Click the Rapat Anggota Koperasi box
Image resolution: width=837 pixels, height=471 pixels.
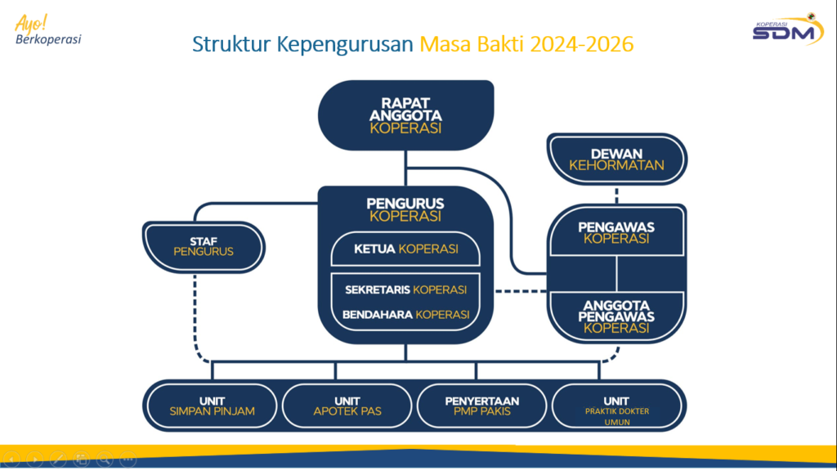[x=405, y=115]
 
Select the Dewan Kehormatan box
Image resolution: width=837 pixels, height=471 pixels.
[x=616, y=159]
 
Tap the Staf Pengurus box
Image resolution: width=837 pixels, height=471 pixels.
[x=204, y=245]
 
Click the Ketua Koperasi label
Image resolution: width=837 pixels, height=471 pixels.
[x=405, y=249]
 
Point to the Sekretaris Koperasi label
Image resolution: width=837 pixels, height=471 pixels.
[x=405, y=289]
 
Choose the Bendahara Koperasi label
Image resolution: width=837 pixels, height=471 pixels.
[x=405, y=314]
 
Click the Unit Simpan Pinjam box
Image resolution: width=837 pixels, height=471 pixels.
[x=212, y=406]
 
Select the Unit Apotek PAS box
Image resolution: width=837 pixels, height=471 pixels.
[x=347, y=406]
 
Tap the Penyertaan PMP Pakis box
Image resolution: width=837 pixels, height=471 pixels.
[x=482, y=406]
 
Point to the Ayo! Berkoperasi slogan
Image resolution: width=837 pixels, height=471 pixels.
[x=47, y=29]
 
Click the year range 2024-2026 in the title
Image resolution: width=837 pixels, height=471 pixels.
[x=581, y=44]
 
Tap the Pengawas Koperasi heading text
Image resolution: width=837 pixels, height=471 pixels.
[x=616, y=232]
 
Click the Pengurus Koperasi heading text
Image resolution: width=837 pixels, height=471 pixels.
[x=405, y=209]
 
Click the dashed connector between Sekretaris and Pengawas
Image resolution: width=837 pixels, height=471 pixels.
[x=521, y=291]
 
